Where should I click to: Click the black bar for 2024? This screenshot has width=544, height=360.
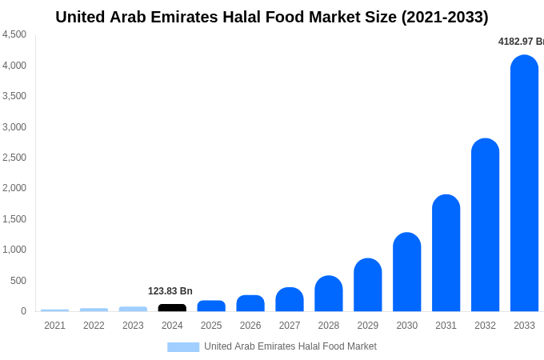172,307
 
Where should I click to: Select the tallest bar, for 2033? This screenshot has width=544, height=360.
524,184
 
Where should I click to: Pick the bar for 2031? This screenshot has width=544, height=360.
446,254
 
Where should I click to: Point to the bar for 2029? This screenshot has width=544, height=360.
368,286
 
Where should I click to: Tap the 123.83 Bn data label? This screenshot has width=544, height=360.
170,291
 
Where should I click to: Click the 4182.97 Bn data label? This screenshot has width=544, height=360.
521,42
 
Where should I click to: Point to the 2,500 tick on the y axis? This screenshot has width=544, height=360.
14,158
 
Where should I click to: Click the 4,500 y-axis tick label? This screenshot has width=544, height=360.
14,34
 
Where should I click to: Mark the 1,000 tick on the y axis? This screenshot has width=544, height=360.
14,250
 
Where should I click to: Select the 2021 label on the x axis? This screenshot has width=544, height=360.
54,326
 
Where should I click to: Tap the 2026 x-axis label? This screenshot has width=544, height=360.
250,326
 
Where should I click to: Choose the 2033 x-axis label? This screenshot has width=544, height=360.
524,326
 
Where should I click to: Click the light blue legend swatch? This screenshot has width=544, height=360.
183,347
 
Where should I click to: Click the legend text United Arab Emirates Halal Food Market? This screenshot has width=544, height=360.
290,346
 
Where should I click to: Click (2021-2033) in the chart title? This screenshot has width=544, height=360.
445,17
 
